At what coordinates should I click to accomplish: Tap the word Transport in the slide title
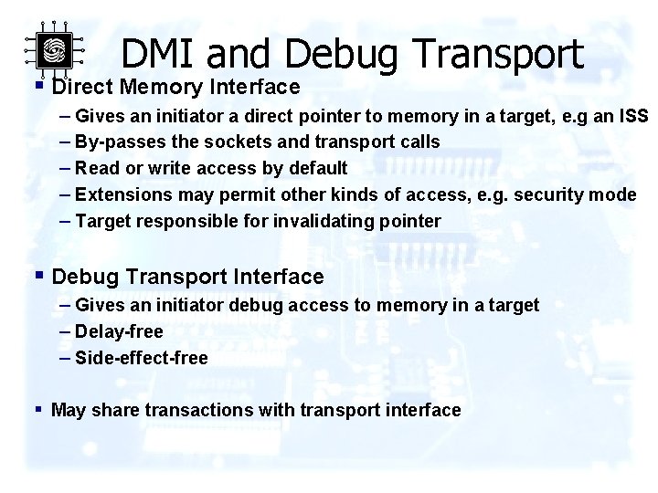point(499,54)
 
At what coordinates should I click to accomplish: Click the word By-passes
point(116,142)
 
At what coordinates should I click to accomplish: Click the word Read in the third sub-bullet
point(96,169)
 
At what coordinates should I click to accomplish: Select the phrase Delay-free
point(119,331)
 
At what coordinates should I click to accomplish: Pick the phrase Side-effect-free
point(141,358)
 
